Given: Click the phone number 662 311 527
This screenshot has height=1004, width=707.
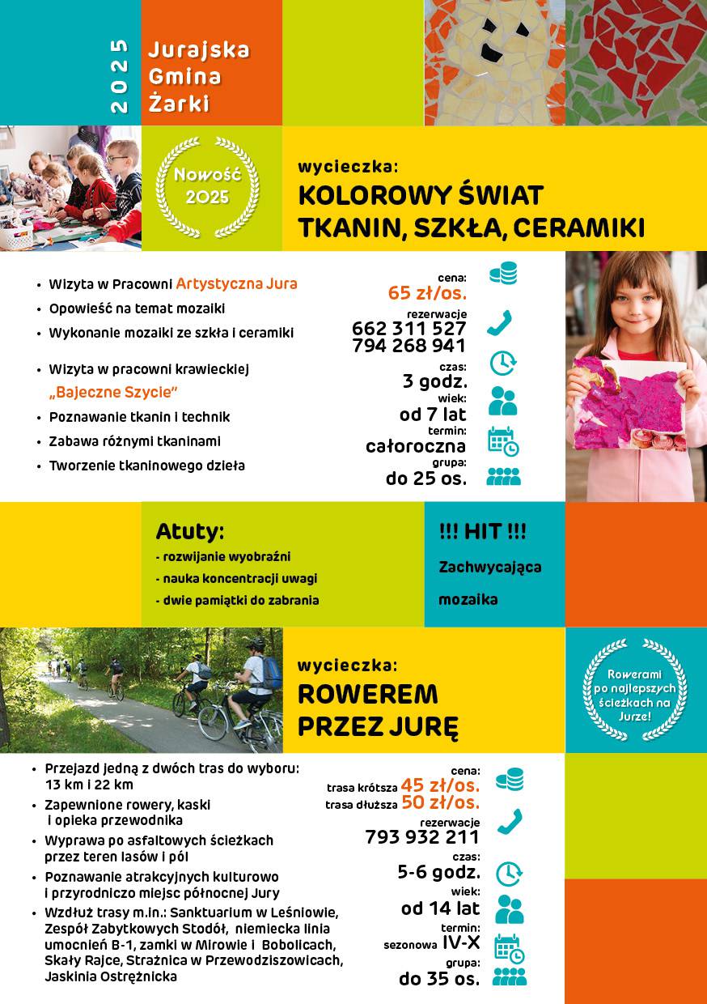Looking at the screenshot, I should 409,329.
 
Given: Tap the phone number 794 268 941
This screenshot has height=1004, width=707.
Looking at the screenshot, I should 409,346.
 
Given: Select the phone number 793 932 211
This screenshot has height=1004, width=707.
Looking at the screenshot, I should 422,837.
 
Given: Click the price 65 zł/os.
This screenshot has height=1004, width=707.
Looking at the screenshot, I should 426,293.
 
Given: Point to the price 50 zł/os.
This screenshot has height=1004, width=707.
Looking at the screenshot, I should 440,803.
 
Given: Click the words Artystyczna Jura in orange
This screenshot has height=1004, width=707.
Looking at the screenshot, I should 237,284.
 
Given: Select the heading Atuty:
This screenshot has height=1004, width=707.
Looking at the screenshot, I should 190,533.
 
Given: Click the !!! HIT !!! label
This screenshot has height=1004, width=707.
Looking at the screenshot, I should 482,532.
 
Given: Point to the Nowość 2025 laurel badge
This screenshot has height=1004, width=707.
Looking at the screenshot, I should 207,186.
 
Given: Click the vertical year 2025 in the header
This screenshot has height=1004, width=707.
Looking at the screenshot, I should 119,74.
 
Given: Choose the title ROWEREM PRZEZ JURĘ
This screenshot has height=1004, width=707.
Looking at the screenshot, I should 368,710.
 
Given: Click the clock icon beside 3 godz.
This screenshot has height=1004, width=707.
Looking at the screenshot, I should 503,363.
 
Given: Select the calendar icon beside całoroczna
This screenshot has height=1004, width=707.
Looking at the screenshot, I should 503,440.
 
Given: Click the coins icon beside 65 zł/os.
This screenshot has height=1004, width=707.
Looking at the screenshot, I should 503,274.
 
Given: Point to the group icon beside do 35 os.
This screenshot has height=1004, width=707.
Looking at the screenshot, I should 509,976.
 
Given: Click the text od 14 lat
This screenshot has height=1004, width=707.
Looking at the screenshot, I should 440,908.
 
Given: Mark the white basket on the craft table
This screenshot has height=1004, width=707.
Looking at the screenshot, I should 15,234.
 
